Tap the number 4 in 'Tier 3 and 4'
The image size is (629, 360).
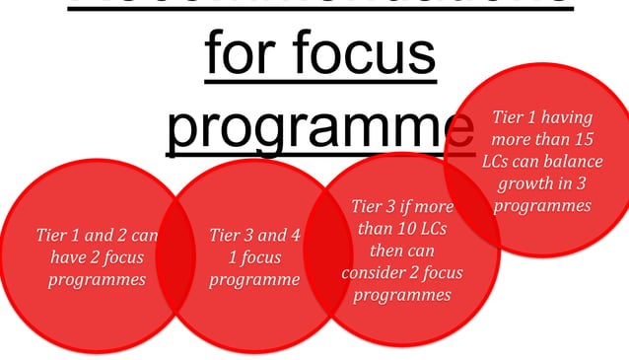click(294, 236)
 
